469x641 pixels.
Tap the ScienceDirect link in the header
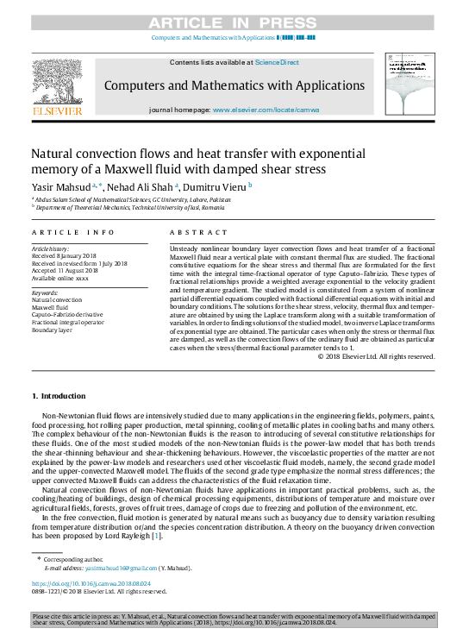277,62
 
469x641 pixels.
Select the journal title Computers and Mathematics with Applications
234,85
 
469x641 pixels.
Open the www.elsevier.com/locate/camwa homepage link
266,110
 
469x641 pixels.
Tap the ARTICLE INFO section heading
73,233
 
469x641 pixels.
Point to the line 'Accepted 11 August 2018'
66,271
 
